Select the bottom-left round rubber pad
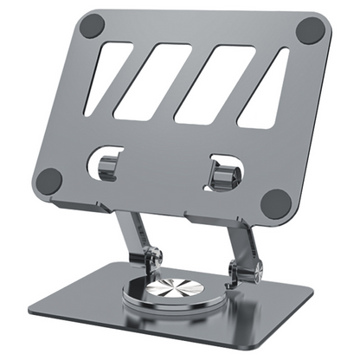pyautogui.click(x=48, y=181)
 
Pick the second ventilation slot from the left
pyautogui.click(x=153, y=81)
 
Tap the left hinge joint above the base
pyautogui.click(x=153, y=259)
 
